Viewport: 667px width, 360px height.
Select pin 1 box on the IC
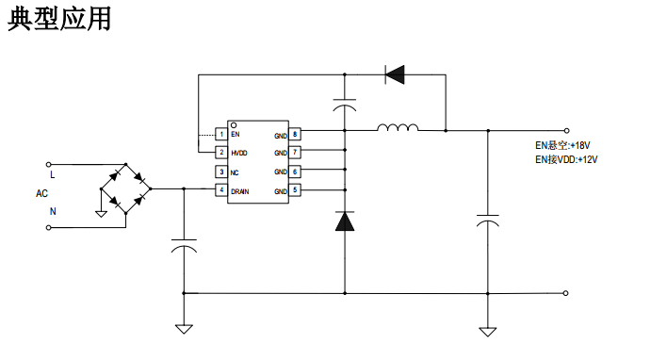tap(220, 135)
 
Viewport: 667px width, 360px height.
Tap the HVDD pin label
tap(239, 153)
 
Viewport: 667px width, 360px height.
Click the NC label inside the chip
tap(235, 172)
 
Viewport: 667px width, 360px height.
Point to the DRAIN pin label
tap(240, 190)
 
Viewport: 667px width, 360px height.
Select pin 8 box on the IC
tap(295, 135)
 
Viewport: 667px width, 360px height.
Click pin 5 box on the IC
tap(295, 190)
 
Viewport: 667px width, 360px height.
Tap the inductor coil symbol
tap(397, 128)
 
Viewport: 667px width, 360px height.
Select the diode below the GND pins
tap(345, 222)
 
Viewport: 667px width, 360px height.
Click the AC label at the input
tap(41, 193)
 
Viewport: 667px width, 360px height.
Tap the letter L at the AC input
tap(52, 175)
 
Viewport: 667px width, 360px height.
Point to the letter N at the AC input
tap(52, 212)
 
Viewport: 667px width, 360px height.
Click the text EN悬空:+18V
tap(562, 146)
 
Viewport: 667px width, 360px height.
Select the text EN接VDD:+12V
tap(566, 160)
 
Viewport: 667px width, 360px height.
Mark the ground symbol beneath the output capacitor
tap(487, 331)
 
